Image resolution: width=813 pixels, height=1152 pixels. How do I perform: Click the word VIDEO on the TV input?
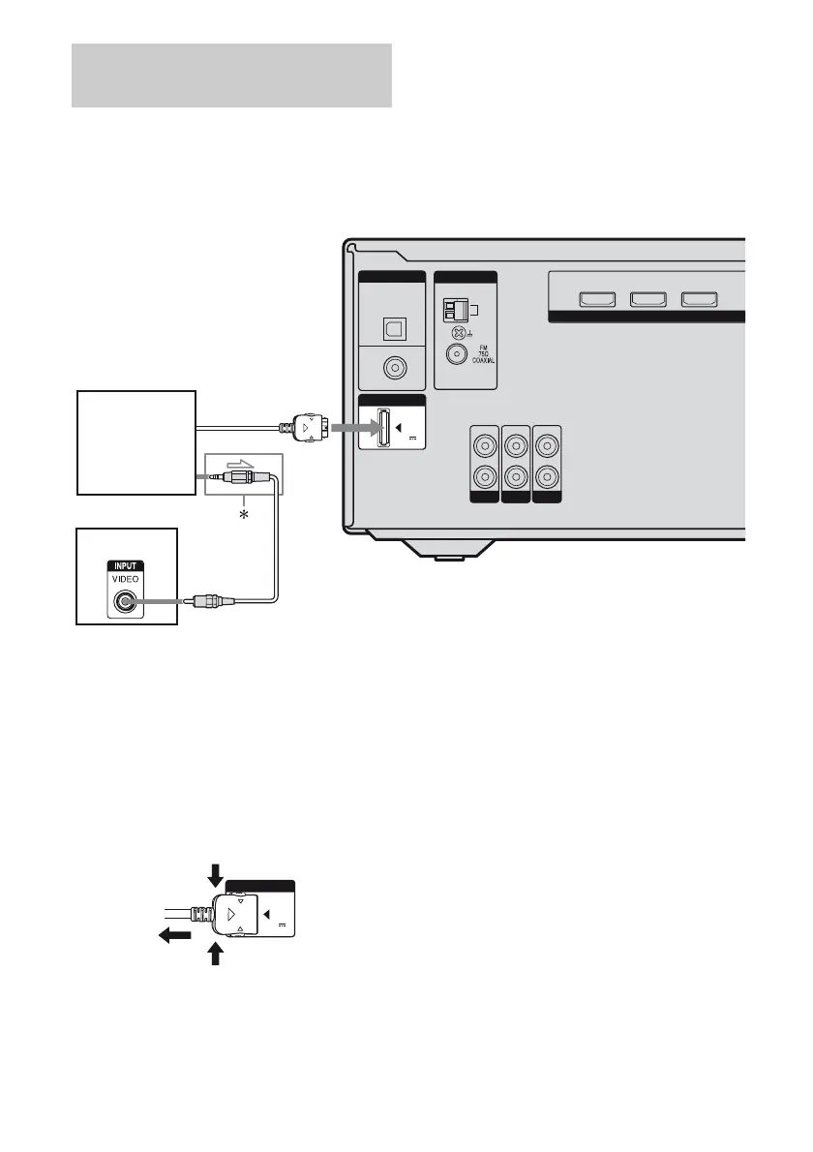[125, 572]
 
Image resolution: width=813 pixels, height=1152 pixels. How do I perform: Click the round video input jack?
[125, 601]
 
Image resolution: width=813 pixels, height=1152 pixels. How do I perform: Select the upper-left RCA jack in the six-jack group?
[481, 448]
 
